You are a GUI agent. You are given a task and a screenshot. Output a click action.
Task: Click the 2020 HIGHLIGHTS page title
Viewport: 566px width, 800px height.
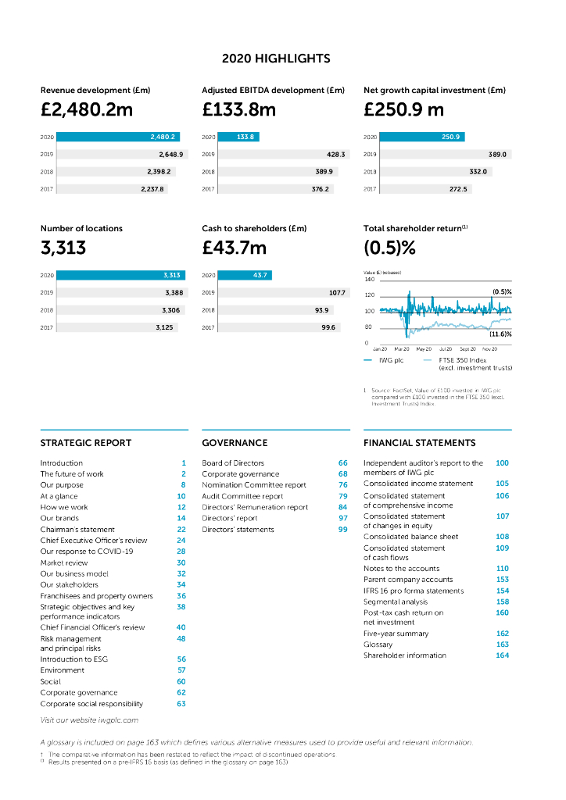276,59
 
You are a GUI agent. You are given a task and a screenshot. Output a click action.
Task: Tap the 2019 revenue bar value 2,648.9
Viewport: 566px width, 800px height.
170,155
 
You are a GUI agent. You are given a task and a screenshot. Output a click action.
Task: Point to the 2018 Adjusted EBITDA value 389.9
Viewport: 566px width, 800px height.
324,172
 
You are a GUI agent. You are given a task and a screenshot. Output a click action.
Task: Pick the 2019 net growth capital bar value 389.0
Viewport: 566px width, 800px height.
497,155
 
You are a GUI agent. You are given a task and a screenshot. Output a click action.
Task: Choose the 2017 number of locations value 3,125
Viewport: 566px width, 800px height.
167,327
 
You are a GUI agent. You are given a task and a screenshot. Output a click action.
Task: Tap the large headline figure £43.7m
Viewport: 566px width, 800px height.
234,249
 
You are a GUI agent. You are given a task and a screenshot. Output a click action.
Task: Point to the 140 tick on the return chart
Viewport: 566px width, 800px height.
370,279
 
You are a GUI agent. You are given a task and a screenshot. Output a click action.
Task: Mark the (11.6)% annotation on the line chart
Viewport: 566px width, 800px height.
500,334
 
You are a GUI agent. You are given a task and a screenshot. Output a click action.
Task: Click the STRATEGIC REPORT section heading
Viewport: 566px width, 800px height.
86,443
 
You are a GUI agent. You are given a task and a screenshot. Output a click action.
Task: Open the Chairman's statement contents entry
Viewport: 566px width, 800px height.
77,530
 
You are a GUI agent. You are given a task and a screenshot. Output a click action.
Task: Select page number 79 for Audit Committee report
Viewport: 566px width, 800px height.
342,496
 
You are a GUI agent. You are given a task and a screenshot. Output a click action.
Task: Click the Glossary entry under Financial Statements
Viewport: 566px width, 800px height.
378,645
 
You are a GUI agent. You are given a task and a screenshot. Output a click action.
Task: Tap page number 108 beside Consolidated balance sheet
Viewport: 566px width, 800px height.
502,537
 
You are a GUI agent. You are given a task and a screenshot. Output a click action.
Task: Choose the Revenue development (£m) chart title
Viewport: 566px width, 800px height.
95,91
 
